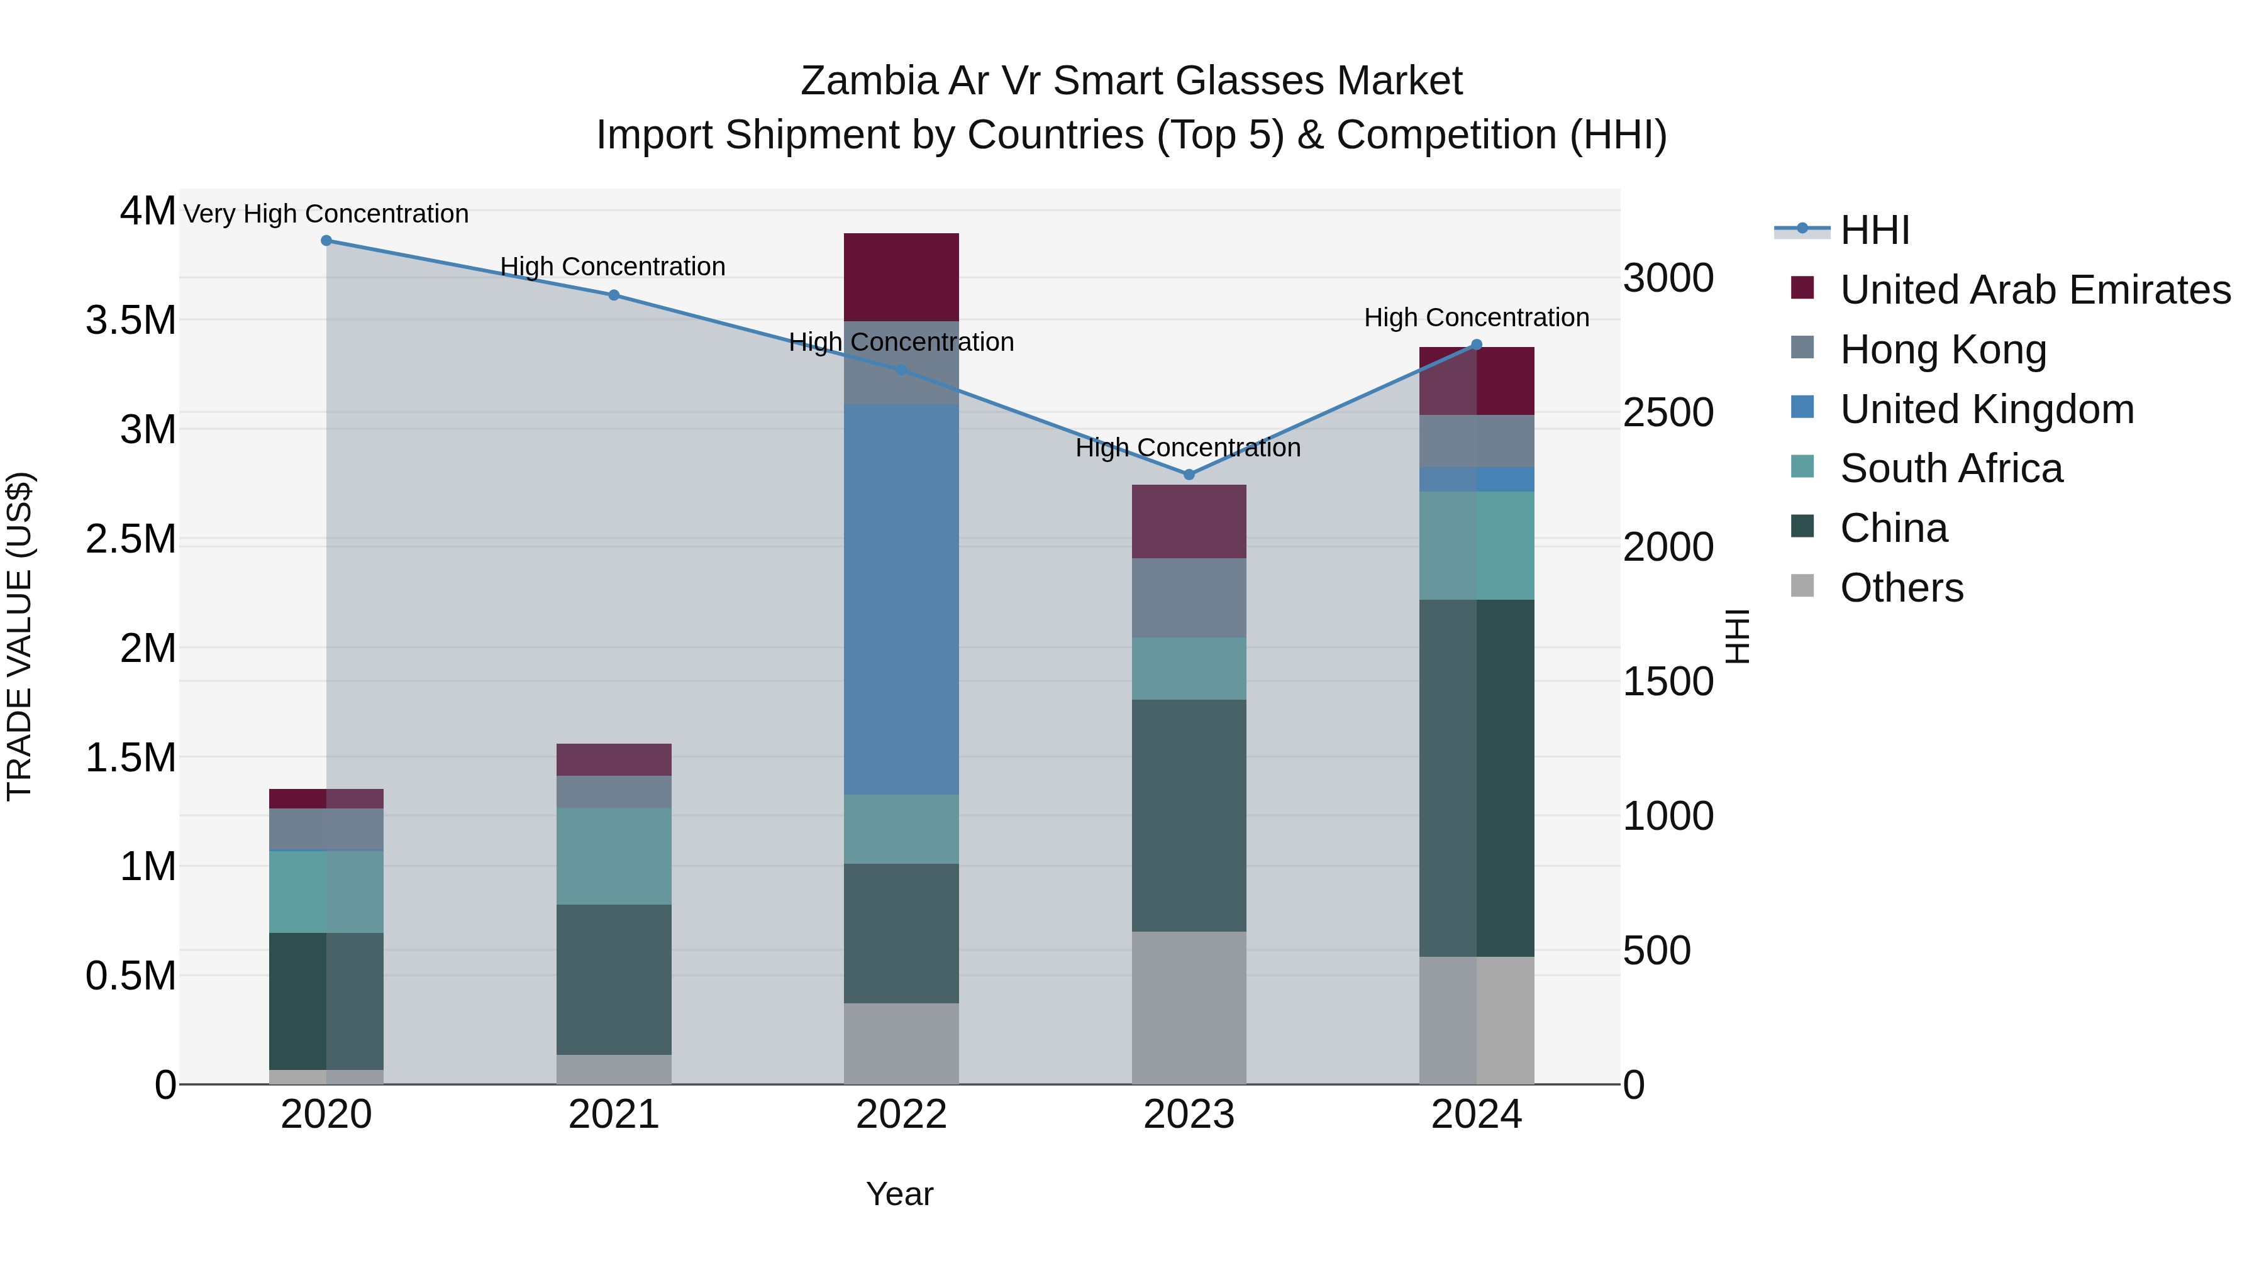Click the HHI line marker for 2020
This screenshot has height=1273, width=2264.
coord(326,241)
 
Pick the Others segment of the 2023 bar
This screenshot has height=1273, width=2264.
coord(1188,1008)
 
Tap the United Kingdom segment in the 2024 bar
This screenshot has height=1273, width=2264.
coord(1477,480)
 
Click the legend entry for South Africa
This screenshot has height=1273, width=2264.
coord(1950,468)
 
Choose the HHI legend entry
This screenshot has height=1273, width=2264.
coord(1874,230)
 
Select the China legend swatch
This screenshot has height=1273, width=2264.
coord(1802,527)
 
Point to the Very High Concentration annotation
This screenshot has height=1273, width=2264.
coord(326,214)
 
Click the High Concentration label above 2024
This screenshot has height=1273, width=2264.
coord(1477,317)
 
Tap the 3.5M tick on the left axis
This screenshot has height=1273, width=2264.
coord(130,321)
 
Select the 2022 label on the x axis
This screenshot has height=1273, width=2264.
coord(901,1115)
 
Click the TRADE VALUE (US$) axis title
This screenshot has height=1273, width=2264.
coord(19,636)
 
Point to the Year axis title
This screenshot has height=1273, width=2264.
coord(899,1194)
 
